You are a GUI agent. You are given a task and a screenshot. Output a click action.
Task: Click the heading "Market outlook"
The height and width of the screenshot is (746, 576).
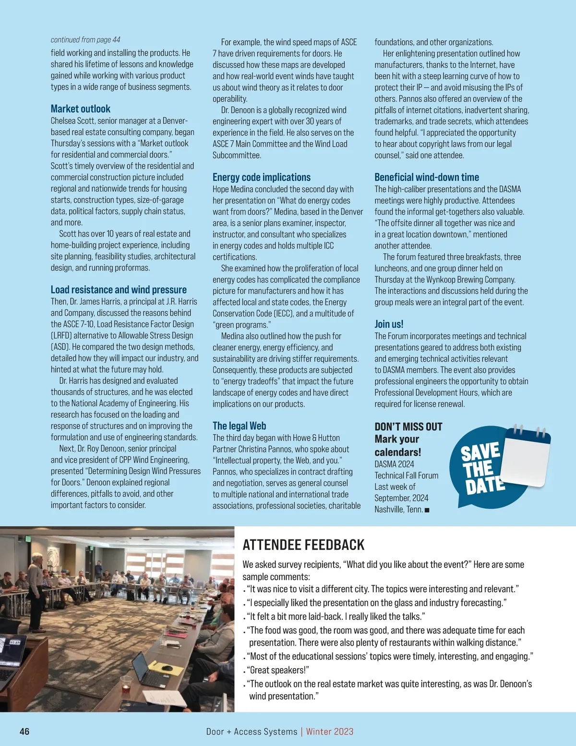pyautogui.click(x=81, y=109)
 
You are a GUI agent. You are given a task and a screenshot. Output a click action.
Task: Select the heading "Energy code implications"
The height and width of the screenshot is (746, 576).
pyautogui.click(x=262, y=177)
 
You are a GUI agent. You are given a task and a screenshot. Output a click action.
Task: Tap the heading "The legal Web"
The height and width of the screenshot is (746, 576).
pyautogui.click(x=239, y=426)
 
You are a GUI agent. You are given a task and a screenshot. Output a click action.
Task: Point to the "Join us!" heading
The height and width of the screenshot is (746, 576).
pyautogui.click(x=389, y=324)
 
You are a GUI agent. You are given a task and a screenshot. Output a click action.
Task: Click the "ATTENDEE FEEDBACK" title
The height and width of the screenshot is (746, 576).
pyautogui.click(x=303, y=545)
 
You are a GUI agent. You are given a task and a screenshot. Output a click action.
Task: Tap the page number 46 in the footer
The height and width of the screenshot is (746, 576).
pyautogui.click(x=24, y=732)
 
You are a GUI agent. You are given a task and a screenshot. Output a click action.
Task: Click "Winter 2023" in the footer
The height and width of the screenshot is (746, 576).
pyautogui.click(x=330, y=732)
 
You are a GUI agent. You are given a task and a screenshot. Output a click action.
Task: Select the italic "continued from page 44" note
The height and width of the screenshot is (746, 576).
pyautogui.click(x=85, y=40)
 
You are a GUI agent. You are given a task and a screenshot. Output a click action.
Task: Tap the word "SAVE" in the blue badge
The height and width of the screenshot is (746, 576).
pyautogui.click(x=480, y=452)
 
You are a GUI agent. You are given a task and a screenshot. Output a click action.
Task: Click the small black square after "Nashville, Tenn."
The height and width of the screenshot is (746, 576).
pyautogui.click(x=427, y=510)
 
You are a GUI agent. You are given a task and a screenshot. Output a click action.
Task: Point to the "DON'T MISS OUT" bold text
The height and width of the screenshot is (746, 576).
pyautogui.click(x=408, y=427)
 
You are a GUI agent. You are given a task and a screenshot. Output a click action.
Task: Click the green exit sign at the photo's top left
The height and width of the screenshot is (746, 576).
pyautogui.click(x=28, y=539)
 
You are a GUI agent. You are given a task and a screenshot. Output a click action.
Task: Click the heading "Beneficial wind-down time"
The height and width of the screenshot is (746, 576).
pyautogui.click(x=427, y=177)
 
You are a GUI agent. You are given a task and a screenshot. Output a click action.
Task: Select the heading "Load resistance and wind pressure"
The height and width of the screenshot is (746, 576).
pyautogui.click(x=119, y=290)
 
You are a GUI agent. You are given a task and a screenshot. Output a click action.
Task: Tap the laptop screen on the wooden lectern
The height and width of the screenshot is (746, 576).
pyautogui.click(x=12, y=651)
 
